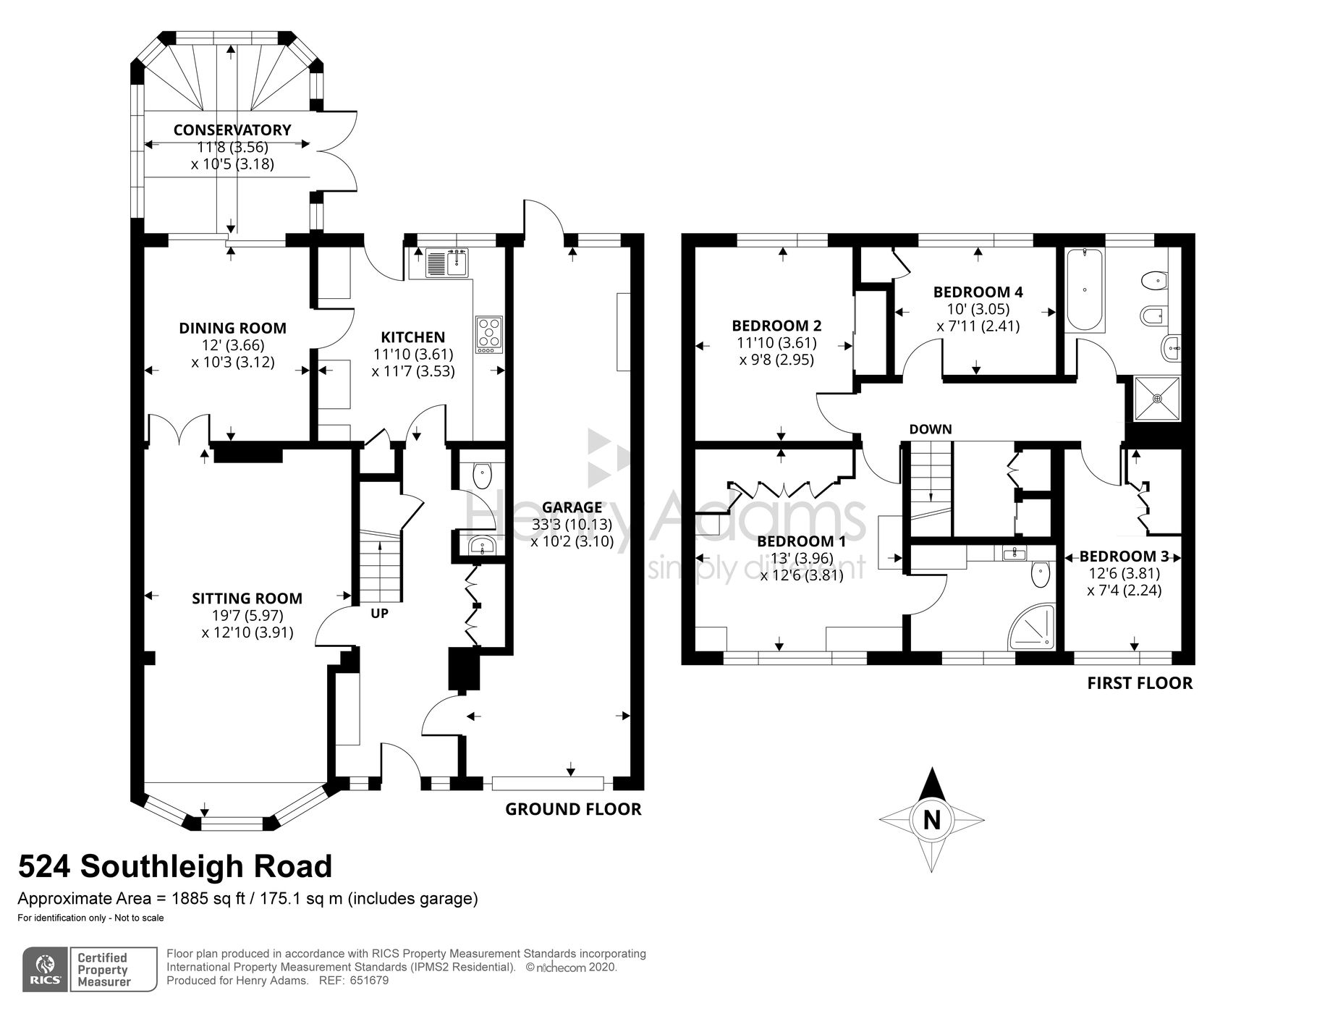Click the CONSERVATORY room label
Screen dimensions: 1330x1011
pyautogui.click(x=232, y=130)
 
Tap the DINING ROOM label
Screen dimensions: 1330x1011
pyautogui.click(x=232, y=329)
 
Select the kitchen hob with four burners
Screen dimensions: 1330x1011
pyautogui.click(x=489, y=335)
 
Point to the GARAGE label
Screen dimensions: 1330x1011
pyautogui.click(x=572, y=507)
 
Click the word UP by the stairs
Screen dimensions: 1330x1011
pyautogui.click(x=379, y=614)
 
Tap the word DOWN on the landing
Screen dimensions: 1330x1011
pyautogui.click(x=931, y=429)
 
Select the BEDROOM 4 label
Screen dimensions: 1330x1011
pyautogui.click(x=978, y=292)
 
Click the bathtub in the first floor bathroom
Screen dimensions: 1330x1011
pyautogui.click(x=1083, y=289)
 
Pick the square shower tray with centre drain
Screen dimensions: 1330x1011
pyautogui.click(x=1156, y=397)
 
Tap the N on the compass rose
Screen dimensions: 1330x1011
pyautogui.click(x=932, y=820)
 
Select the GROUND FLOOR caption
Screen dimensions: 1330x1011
pyautogui.click(x=573, y=809)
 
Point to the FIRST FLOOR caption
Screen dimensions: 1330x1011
pyautogui.click(x=1140, y=683)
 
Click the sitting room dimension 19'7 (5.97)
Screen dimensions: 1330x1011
pyautogui.click(x=247, y=616)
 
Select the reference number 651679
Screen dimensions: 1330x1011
pyautogui.click(x=369, y=981)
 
